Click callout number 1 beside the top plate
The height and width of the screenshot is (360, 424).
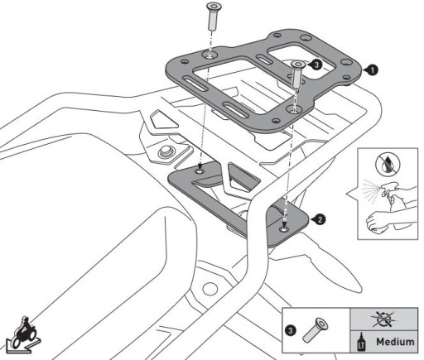373,70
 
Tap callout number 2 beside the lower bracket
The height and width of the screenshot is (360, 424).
320,219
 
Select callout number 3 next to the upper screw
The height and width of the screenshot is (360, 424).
316,65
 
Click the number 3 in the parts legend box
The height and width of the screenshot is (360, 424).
291,331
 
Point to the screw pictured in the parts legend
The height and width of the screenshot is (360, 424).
316,330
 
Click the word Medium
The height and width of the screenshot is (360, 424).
395,342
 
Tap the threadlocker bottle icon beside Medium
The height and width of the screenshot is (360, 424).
361,342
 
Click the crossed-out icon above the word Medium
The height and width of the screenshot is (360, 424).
383,319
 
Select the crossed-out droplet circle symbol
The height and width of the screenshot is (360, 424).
388,165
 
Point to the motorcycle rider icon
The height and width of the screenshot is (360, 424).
22,334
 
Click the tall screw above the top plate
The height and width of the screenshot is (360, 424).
212,17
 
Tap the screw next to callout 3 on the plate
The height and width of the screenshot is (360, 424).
298,74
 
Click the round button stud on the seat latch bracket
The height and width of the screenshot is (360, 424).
165,151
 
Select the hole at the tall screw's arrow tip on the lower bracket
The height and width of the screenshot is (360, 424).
200,171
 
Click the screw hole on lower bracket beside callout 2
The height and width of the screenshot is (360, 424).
284,228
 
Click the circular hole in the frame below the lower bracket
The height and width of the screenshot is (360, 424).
210,289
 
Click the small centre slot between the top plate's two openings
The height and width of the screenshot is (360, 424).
264,59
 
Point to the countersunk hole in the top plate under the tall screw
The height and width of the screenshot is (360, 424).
210,55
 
